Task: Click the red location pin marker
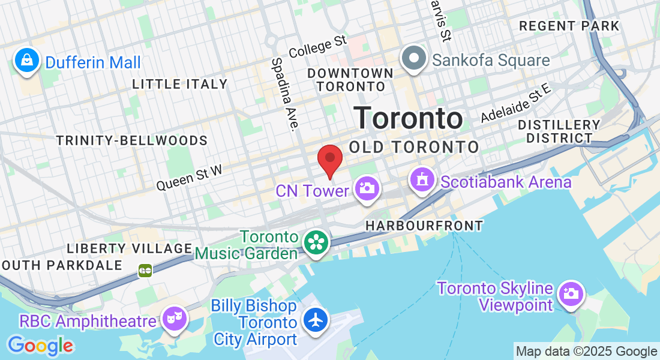[329, 160]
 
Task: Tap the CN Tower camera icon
[366, 188]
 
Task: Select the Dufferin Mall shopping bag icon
[27, 61]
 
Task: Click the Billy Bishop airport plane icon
[315, 319]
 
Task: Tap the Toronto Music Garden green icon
[314, 242]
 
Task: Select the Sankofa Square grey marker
[414, 59]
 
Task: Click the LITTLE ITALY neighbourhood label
[180, 85]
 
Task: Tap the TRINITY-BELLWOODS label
[132, 140]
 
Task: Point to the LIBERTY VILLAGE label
[130, 248]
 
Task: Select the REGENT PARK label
[569, 26]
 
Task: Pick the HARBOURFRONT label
[425, 226]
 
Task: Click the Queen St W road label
[189, 178]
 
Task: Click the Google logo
[40, 346]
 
